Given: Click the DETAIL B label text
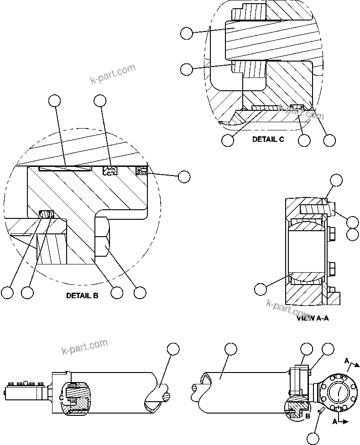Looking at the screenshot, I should [x=82, y=295].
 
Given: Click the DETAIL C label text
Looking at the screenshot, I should [x=268, y=140].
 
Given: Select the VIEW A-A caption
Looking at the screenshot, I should [x=313, y=318].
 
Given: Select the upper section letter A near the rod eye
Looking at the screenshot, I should [x=348, y=362].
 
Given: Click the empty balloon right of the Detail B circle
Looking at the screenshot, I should [x=184, y=177].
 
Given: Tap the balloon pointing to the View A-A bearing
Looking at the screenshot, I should [x=260, y=289].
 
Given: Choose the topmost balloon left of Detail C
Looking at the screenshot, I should [x=186, y=33].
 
